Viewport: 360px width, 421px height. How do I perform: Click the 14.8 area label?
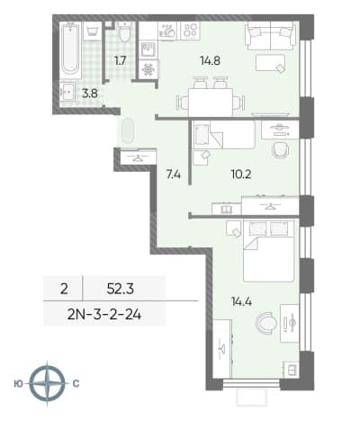pos(211,61)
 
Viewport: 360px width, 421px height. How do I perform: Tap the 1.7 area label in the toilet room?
pos(120,61)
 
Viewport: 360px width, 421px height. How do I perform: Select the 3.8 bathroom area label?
pos(90,94)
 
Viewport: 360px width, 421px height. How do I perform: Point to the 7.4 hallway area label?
pos(174,174)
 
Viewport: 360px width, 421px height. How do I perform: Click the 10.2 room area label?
pos(241,174)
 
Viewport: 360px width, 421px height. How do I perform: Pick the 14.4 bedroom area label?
pos(241,301)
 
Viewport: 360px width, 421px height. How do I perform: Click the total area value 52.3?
pos(121,290)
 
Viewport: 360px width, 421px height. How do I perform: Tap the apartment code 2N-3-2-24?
pos(104,315)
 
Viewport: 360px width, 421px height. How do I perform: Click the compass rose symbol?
pos(48,383)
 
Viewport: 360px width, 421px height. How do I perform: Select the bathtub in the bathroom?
pos(70,49)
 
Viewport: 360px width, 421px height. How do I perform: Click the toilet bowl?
pos(124,32)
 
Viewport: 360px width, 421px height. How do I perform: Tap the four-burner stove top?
pos(191,31)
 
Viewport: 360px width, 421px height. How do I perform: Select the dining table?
pos(211,103)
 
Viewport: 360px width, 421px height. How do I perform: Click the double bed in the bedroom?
pos(268,250)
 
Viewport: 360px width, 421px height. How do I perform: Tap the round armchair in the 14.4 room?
pos(267,323)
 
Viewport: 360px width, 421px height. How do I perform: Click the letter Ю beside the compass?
pos(18,383)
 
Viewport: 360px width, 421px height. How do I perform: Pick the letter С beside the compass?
pos(76,383)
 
